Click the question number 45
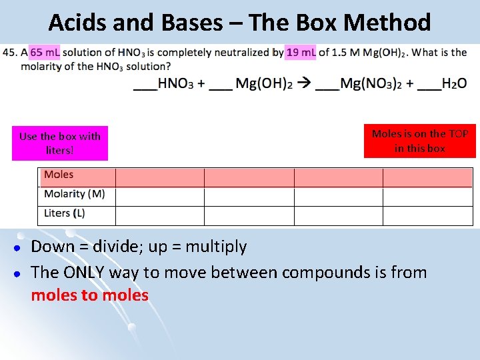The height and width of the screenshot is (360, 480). pyautogui.click(x=11, y=53)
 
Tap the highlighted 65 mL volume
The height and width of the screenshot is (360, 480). pyautogui.click(x=45, y=53)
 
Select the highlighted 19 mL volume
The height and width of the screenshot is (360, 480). pyautogui.click(x=300, y=53)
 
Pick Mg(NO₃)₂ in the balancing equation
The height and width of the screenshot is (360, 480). pyautogui.click(x=369, y=84)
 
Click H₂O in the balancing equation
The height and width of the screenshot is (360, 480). pyautogui.click(x=453, y=84)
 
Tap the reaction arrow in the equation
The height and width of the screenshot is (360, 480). pyautogui.click(x=304, y=84)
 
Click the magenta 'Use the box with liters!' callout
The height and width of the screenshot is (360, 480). pyautogui.click(x=59, y=143)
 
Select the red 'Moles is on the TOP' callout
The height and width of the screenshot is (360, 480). pyautogui.click(x=419, y=141)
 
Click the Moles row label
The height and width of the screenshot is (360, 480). pyautogui.click(x=59, y=175)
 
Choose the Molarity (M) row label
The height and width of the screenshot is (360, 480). pyautogui.click(x=74, y=194)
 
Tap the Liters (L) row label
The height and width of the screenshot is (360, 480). pyautogui.click(x=64, y=213)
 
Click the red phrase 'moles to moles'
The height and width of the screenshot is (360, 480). pyautogui.click(x=89, y=295)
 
